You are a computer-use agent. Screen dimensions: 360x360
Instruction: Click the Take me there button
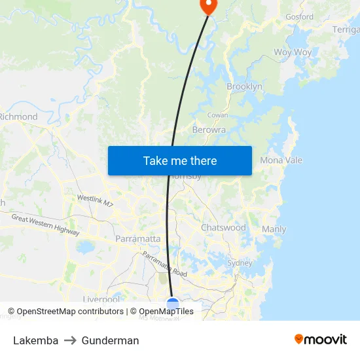[180, 160]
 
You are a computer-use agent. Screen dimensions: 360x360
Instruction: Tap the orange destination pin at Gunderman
[207, 6]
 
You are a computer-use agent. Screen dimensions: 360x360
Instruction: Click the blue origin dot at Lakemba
[173, 304]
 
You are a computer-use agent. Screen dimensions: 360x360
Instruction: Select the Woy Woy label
[293, 52]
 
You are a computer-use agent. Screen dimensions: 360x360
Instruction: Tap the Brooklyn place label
[244, 86]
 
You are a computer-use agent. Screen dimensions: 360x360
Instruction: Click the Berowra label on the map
[209, 130]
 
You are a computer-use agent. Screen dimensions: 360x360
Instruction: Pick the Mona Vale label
[281, 160]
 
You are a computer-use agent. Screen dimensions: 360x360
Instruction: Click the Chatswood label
[223, 228]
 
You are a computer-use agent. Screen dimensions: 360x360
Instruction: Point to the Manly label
[274, 229]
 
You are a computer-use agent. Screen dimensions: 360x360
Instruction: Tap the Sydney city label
[240, 262]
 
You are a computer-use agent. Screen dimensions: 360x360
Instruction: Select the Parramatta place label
[137, 239]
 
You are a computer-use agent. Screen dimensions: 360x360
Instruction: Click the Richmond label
[18, 117]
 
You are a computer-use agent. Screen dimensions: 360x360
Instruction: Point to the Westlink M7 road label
[95, 200]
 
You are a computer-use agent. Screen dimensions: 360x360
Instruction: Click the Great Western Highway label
[45, 226]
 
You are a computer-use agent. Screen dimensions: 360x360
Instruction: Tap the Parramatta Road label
[165, 263]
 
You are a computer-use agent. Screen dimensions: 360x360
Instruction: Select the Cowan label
[217, 115]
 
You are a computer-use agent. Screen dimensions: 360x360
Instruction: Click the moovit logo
[321, 340]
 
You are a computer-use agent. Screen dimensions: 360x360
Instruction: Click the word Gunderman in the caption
[110, 340]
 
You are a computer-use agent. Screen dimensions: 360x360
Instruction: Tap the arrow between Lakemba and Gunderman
[70, 340]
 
